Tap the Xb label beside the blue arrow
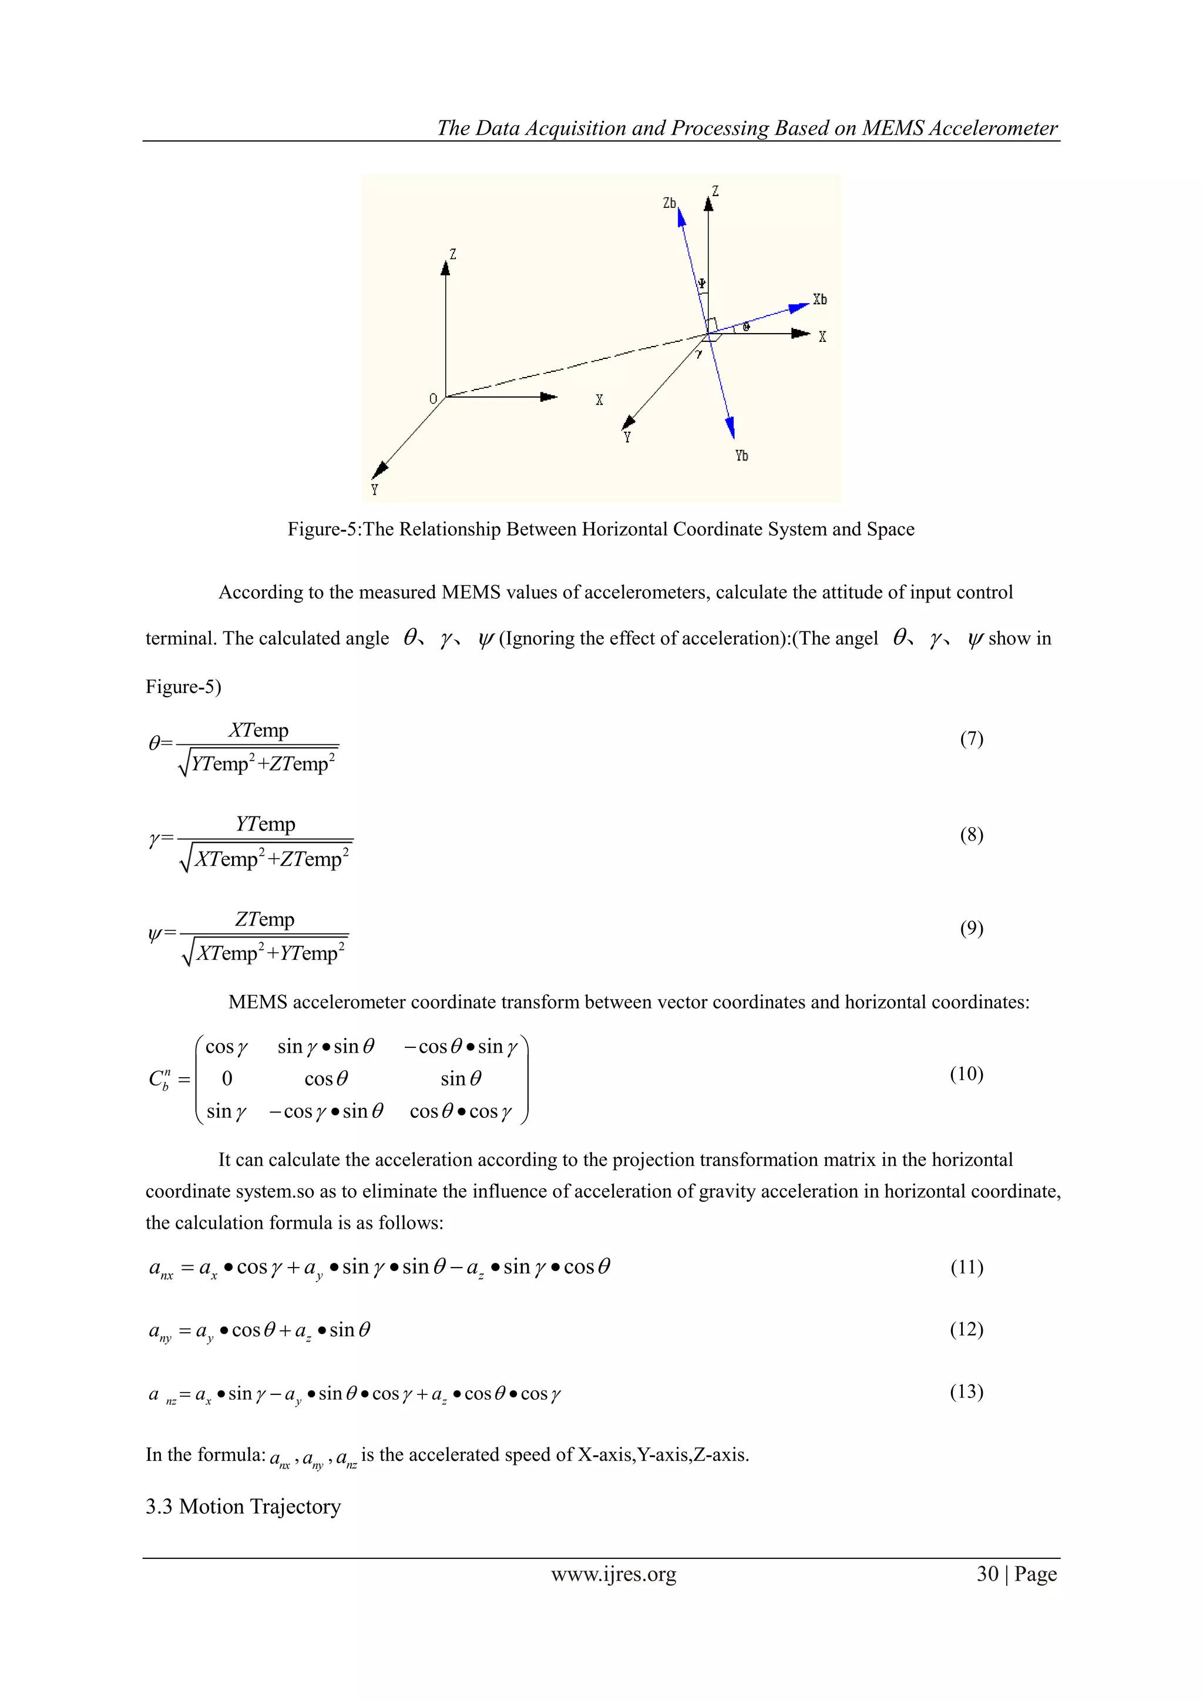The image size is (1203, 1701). (x=819, y=300)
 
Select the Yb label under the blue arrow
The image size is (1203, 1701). (x=741, y=456)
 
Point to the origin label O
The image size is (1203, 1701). (x=434, y=399)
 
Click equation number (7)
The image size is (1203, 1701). (x=971, y=739)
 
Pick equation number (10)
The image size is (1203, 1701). (x=966, y=1074)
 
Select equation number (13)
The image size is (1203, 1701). (x=966, y=1391)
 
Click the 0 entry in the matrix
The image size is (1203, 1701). (x=227, y=1078)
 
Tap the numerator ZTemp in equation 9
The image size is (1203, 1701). (x=264, y=919)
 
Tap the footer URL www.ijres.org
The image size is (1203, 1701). (x=613, y=1574)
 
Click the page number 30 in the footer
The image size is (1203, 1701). (x=987, y=1574)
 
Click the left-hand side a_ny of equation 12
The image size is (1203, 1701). (x=160, y=1332)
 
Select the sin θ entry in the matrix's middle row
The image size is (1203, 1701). (x=461, y=1078)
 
